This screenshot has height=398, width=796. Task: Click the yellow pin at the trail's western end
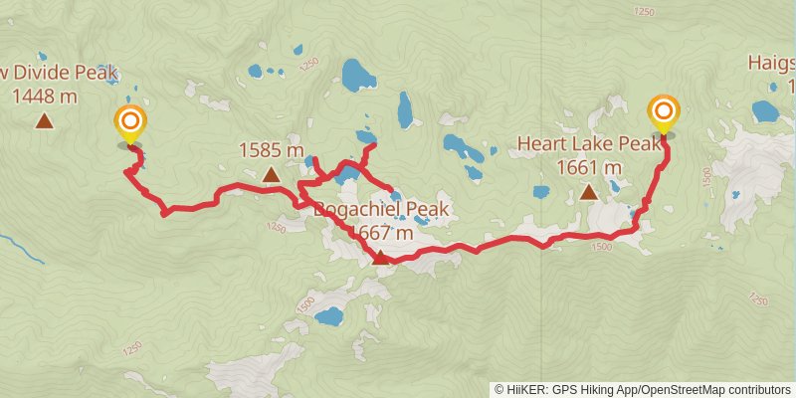tap(130, 124)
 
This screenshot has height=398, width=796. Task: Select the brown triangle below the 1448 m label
tap(44, 121)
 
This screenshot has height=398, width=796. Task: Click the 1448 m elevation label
tap(45, 97)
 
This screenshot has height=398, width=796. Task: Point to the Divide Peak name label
tap(60, 73)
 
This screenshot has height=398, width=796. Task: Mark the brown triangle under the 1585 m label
tap(271, 175)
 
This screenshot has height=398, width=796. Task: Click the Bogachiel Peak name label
tap(381, 210)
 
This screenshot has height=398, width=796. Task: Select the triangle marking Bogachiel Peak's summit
tap(380, 258)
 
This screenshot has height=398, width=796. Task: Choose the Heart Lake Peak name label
tap(589, 144)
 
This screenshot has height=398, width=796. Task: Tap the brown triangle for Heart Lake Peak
tap(589, 191)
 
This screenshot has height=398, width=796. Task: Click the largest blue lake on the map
tap(355, 75)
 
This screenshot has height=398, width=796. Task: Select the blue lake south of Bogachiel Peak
tap(327, 317)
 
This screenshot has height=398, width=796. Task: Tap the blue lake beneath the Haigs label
tap(765, 110)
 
